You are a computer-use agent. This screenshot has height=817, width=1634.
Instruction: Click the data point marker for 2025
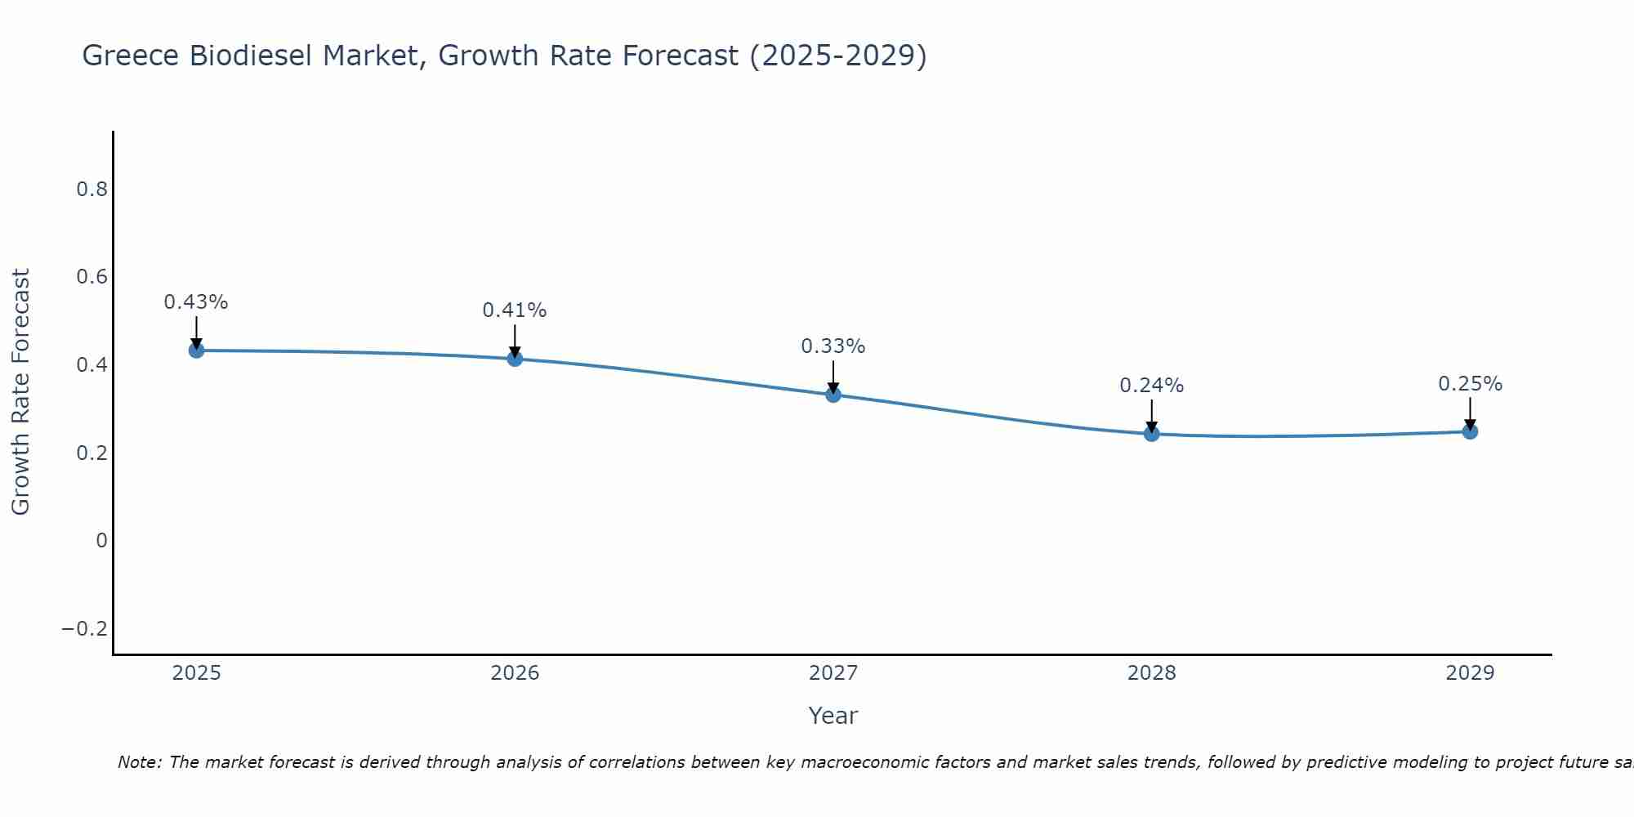pyautogui.click(x=196, y=350)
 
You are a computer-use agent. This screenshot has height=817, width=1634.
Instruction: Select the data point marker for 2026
pyautogui.click(x=515, y=359)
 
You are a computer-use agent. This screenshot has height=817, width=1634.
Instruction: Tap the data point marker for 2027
pyautogui.click(x=833, y=395)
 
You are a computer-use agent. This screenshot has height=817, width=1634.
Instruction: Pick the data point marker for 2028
pyautogui.click(x=1152, y=434)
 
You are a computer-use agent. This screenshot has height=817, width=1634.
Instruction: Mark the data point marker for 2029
pyautogui.click(x=1470, y=431)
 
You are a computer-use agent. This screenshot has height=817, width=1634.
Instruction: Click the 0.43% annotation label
pyautogui.click(x=196, y=302)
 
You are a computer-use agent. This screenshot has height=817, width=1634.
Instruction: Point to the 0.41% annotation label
pyautogui.click(x=515, y=310)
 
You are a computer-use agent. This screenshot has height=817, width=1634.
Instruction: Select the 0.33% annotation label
pyautogui.click(x=833, y=346)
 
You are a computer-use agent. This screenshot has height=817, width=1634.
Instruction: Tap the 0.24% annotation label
pyautogui.click(x=1152, y=386)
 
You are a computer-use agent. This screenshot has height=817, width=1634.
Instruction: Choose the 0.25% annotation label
pyautogui.click(x=1470, y=384)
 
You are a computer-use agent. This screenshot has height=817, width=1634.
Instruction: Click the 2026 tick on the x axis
pyautogui.click(x=515, y=673)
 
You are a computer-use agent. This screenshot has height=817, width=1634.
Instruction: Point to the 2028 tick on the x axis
pyautogui.click(x=1152, y=673)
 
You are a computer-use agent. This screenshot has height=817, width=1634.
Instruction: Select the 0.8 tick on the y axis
pyautogui.click(x=92, y=190)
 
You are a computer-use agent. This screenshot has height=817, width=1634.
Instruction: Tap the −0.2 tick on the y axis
pyautogui.click(x=84, y=628)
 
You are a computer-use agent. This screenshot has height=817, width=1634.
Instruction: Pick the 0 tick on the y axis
pyautogui.click(x=101, y=540)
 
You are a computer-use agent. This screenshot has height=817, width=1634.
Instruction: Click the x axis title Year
pyautogui.click(x=833, y=716)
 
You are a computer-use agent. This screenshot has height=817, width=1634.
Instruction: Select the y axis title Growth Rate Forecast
pyautogui.click(x=20, y=392)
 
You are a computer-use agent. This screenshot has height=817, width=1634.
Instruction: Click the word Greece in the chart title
pyautogui.click(x=132, y=56)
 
